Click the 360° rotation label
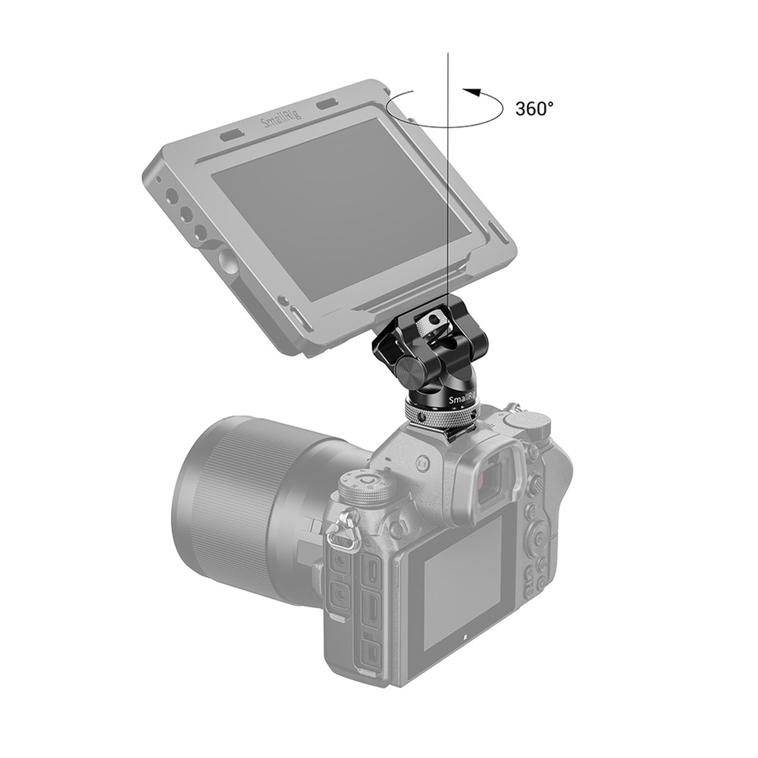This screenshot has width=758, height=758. pos(534,108)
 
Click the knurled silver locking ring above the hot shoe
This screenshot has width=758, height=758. pos(440,415)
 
